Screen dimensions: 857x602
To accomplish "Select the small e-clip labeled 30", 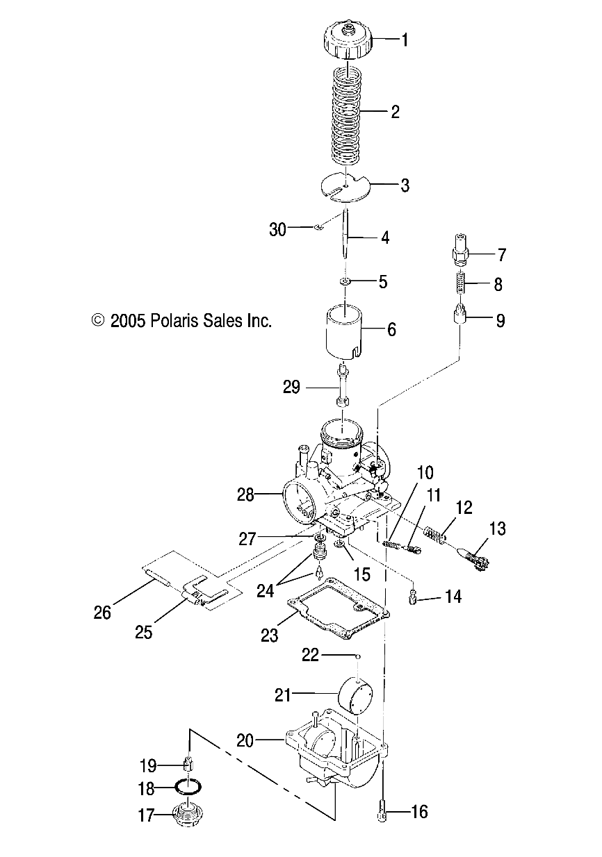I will coord(316,226).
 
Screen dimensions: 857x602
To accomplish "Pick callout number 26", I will coord(103,612).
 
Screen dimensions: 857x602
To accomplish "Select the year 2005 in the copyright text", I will coord(127,321).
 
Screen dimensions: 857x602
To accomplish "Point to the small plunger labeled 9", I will coord(459,319).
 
